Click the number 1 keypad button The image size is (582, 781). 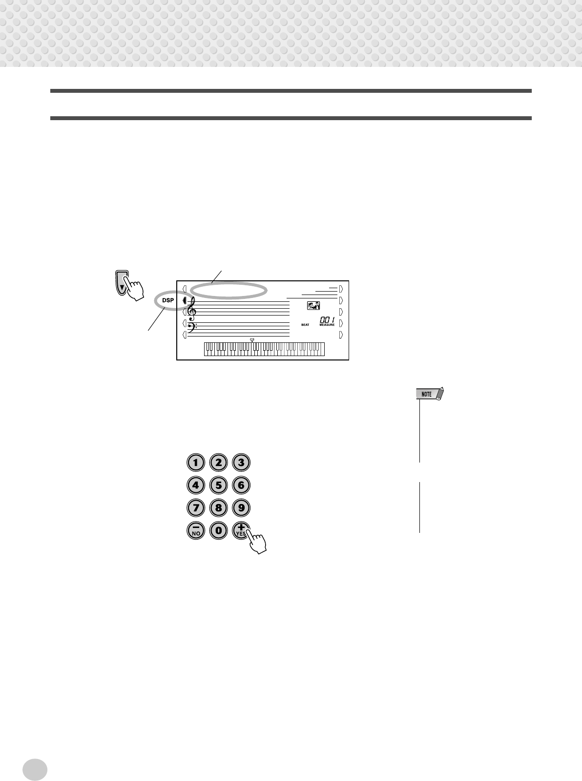point(196,463)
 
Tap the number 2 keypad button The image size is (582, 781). point(219,463)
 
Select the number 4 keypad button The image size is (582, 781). point(196,485)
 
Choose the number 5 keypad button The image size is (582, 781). point(219,485)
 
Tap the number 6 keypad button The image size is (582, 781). point(241,485)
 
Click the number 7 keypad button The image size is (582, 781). point(196,507)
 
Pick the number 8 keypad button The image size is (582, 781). point(219,507)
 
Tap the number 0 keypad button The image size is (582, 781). point(219,530)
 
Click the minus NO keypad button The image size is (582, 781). point(196,530)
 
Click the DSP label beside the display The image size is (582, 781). point(168,300)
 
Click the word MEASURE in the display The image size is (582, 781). point(327,325)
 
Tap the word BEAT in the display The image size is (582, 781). point(305,325)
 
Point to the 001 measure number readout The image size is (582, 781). point(327,319)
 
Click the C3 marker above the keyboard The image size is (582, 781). point(252,338)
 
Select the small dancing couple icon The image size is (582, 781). point(313,306)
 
